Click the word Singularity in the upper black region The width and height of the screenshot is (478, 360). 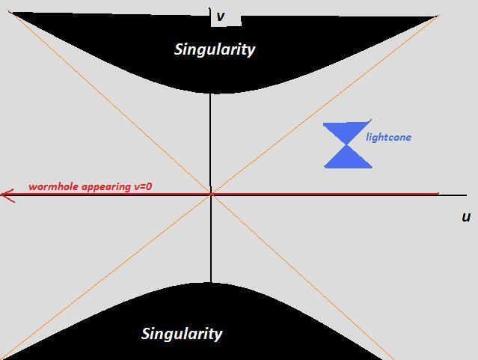[215, 49]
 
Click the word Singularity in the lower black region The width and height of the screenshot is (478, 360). [182, 334]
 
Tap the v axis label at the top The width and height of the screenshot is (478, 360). [221, 16]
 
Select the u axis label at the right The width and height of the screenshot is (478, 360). [466, 217]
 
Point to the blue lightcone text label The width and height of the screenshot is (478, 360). [388, 137]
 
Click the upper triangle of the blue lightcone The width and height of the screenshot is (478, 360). [347, 133]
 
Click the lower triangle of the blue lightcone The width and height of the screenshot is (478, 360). [348, 156]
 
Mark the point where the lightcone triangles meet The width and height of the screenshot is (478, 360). [348, 144]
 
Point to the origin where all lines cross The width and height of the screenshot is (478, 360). [211, 194]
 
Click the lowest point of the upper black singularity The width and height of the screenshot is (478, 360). [212, 93]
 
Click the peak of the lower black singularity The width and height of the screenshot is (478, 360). [211, 284]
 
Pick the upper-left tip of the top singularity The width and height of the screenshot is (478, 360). [9, 13]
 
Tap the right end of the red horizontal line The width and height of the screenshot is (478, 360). [438, 194]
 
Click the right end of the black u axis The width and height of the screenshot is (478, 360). [467, 195]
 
